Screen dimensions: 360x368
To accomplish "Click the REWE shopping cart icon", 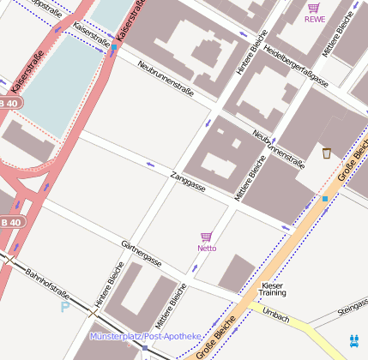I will [x=314, y=9].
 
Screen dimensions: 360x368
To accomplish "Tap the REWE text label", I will [x=315, y=20].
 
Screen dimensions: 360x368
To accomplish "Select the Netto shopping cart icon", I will [x=206, y=237].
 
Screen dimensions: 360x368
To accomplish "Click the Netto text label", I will [x=207, y=249].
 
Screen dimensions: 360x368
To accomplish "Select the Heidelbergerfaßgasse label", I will [x=296, y=66].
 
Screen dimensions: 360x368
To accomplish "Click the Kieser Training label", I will [x=273, y=289].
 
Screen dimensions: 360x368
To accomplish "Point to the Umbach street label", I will [x=276, y=313].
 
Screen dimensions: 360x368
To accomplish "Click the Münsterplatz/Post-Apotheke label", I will [x=145, y=336].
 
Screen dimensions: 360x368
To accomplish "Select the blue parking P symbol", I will [x=64, y=307].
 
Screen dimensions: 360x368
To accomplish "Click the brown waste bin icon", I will [x=327, y=153].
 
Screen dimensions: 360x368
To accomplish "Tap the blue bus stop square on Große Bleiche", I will [x=325, y=199].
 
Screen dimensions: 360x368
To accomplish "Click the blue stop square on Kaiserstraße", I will [x=114, y=47].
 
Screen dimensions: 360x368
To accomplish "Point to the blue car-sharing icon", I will [x=354, y=339].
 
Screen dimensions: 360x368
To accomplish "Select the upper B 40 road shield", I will [x=9, y=102].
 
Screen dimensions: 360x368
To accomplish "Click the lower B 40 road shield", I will [x=10, y=222].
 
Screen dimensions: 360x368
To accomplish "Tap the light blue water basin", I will [x=69, y=77].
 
